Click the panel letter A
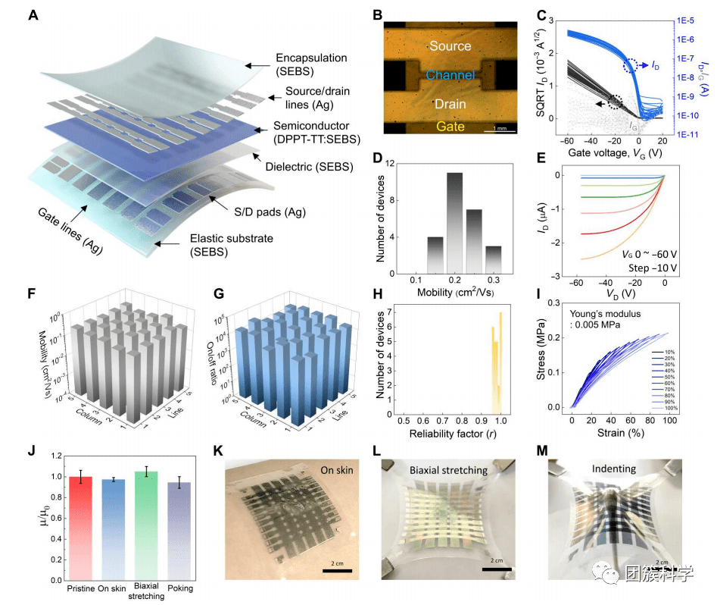pos(33,15)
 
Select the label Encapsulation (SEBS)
pos(311,64)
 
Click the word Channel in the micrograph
pos(450,75)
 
